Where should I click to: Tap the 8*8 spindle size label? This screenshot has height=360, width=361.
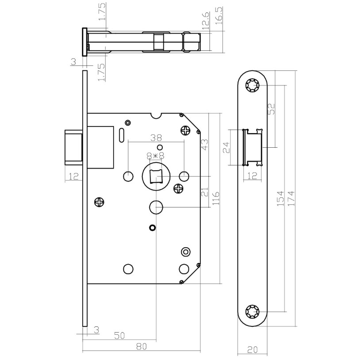pyautogui.click(x=155, y=156)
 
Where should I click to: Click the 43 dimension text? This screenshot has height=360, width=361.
pyautogui.click(x=205, y=144)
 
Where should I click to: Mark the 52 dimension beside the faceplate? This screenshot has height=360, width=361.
pyautogui.click(x=271, y=108)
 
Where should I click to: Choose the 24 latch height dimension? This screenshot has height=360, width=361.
pyautogui.click(x=227, y=147)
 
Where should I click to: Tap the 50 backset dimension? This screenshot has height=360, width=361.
pyautogui.click(x=119, y=335)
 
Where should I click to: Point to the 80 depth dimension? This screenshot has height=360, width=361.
pyautogui.click(x=141, y=346)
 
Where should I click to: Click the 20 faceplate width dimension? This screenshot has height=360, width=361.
pyautogui.click(x=252, y=349)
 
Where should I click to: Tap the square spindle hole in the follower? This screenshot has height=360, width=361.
pyautogui.click(x=156, y=176)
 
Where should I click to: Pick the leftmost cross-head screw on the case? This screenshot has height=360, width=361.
pyautogui.click(x=100, y=202)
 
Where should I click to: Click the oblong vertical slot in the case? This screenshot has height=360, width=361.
pyautogui.click(x=121, y=134)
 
